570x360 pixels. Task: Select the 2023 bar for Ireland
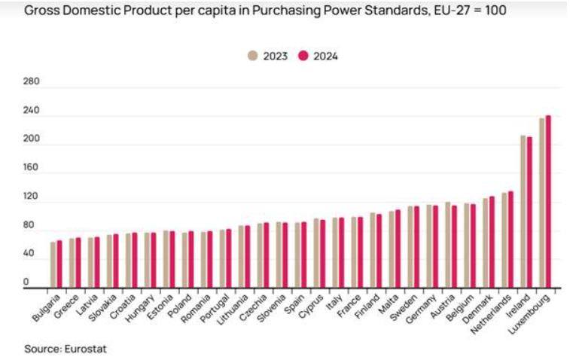pos(523,212)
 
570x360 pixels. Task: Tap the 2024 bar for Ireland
pos(529,212)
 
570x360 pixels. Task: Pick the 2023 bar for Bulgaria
pos(53,264)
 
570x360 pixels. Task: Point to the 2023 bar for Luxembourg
pos(542,203)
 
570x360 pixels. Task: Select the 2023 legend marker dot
pos(253,56)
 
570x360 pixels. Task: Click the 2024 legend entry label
pos(325,56)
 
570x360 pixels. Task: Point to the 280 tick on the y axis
pos(31,81)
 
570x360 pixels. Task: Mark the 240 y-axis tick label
pos(31,111)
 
